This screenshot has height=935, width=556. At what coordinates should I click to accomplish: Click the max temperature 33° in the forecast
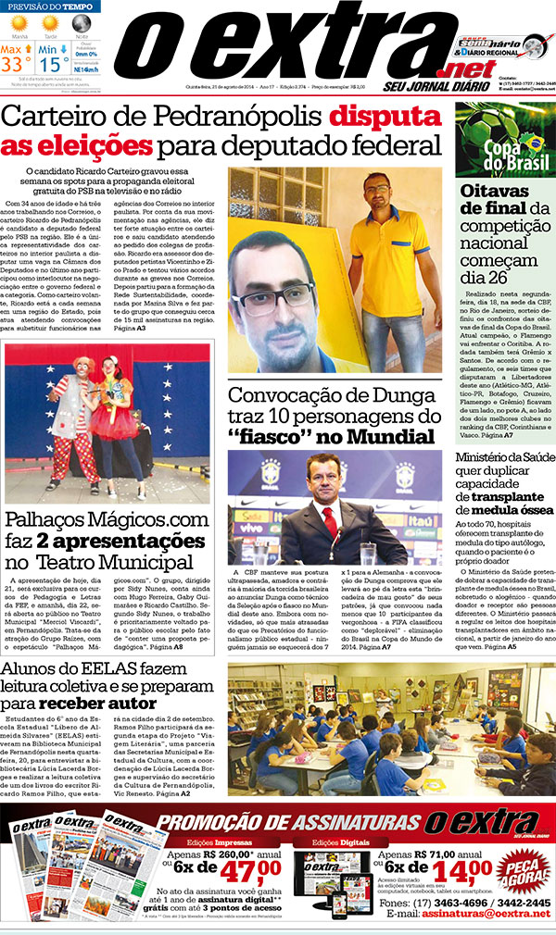click(17, 64)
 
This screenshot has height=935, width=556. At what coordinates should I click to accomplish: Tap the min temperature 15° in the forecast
click(55, 64)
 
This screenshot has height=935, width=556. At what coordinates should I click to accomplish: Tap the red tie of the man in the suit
click(330, 524)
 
